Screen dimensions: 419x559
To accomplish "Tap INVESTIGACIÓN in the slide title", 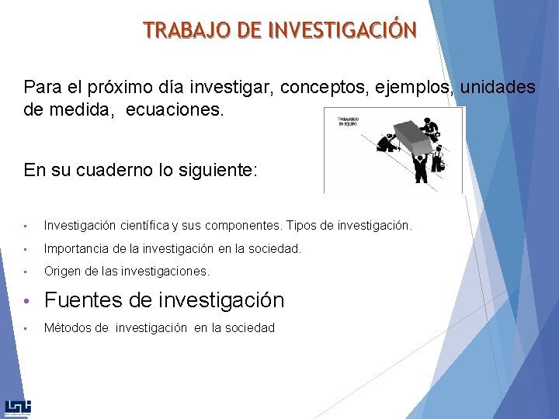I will (342, 30).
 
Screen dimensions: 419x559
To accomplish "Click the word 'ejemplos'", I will (413, 87).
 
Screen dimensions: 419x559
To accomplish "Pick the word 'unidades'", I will (498, 87).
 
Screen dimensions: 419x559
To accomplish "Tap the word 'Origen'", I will (61, 272).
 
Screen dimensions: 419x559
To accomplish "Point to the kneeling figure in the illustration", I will (386, 144).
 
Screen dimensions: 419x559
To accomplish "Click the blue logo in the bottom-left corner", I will (17, 408).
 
